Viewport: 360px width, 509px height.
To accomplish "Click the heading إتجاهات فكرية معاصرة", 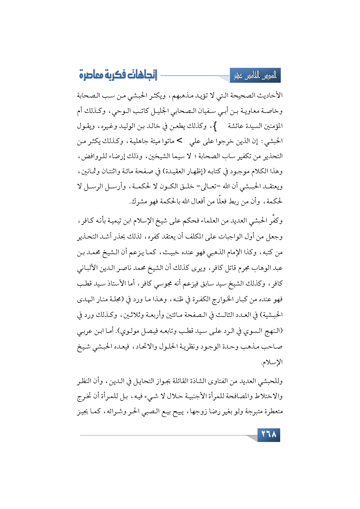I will pos(118,75).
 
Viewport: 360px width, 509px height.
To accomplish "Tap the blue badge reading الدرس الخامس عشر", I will pos(255,76).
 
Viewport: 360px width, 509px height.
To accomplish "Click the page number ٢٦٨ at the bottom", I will pos(269,435).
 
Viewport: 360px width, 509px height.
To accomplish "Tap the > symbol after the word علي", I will pos(180,141).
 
